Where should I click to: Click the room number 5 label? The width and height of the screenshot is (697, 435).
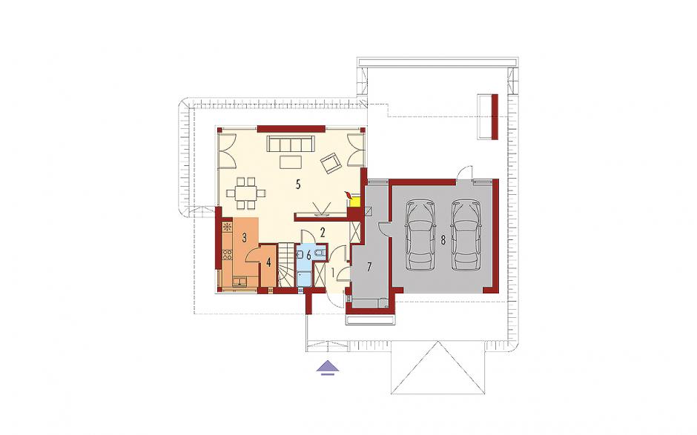coord(298,184)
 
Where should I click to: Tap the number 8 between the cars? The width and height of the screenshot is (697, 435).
coord(443,240)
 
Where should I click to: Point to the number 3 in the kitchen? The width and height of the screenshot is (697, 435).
coord(244,237)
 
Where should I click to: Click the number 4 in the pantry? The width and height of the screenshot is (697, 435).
coord(268,263)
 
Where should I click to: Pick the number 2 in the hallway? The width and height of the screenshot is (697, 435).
coord(323,231)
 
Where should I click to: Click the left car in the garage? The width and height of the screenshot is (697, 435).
coord(420,235)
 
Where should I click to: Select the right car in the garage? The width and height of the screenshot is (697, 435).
coord(466,235)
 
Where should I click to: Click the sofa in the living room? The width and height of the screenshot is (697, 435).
coord(290,144)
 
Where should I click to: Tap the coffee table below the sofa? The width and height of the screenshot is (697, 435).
coord(291,162)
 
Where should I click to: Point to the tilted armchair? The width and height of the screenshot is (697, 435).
coord(331,162)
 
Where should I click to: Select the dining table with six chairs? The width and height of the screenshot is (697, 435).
coord(246,193)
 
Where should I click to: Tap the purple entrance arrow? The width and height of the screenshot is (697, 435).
coord(328,368)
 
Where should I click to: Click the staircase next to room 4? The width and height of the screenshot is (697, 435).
coord(287,265)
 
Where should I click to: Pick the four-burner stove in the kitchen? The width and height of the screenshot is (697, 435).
coord(227,255)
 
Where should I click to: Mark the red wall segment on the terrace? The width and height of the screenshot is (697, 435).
coord(495,116)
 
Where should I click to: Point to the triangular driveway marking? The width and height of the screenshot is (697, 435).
coord(437,367)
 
